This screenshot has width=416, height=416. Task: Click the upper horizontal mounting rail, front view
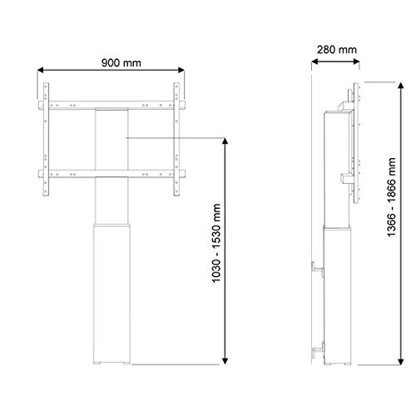click(x=111, y=104)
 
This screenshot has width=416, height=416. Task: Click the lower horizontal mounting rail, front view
click(x=111, y=173)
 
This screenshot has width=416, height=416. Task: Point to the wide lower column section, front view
click(x=112, y=291)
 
